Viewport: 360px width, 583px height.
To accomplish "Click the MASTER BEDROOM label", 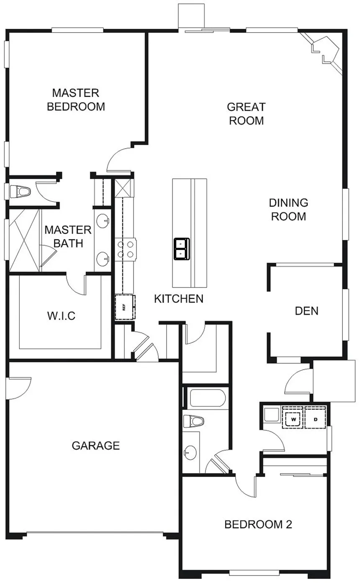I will (76, 99).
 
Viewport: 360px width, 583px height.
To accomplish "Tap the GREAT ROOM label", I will (246, 113).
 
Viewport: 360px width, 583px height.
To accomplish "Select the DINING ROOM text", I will (288, 209).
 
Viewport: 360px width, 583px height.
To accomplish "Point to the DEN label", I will (306, 311).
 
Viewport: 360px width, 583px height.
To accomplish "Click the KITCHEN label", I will (179, 298).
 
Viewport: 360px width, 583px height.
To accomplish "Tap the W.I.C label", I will (61, 316).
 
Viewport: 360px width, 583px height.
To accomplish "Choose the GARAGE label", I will (96, 445).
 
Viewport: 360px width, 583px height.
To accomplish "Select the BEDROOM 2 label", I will (258, 524).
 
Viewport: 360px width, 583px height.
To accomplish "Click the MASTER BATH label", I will (68, 236).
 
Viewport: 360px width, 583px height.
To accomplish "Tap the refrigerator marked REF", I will (124, 307).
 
